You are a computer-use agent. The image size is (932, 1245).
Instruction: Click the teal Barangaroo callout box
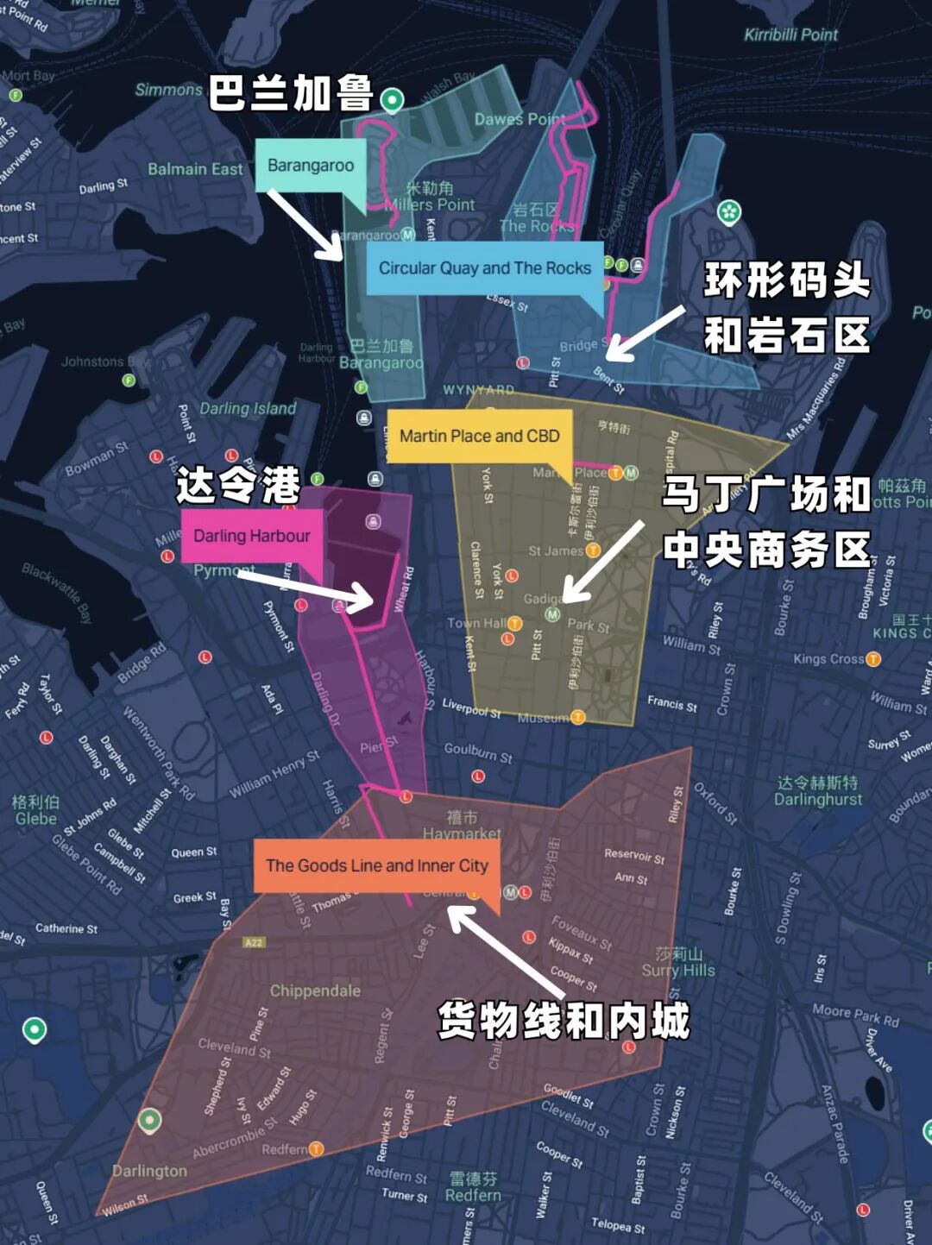311,165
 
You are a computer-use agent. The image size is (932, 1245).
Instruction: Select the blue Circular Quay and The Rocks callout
484,268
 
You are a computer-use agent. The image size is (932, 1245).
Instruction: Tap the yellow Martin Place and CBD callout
480,436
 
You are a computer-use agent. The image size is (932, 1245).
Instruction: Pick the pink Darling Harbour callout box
251,536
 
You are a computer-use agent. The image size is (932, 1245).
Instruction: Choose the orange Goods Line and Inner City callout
376,865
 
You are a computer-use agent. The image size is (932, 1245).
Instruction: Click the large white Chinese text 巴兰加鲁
291,93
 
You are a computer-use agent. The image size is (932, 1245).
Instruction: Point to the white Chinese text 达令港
238,485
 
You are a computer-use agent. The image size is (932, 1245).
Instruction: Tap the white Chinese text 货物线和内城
564,1021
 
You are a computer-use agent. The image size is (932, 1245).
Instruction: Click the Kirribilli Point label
790,35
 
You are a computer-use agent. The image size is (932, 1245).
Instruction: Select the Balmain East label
195,169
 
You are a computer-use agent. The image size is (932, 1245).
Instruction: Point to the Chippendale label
315,990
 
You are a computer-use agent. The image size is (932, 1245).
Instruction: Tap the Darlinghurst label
817,799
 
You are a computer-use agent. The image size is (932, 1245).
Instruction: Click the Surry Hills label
678,970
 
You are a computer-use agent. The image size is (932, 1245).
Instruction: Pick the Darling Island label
248,408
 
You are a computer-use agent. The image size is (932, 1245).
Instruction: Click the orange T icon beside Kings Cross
873,659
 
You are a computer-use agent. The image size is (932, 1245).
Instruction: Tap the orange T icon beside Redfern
316,1148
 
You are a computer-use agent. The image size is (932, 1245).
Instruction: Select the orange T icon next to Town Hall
514,623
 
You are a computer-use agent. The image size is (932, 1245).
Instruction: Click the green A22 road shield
254,942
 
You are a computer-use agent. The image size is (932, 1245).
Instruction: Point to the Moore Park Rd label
855,1015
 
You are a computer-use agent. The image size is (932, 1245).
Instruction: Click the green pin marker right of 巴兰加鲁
393,99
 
